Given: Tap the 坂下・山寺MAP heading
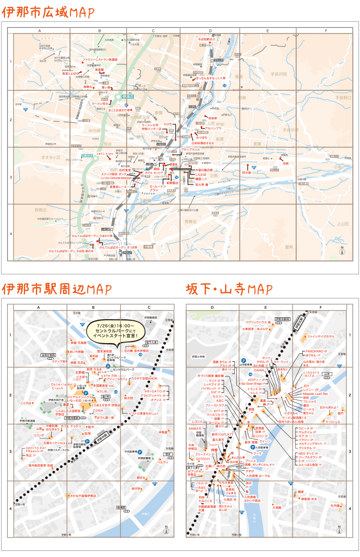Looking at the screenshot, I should tap(229, 289).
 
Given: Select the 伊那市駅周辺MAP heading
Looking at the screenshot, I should tap(56, 289).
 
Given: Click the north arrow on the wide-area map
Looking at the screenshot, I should tap(341, 251).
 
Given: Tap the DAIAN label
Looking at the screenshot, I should tap(259, 370).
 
